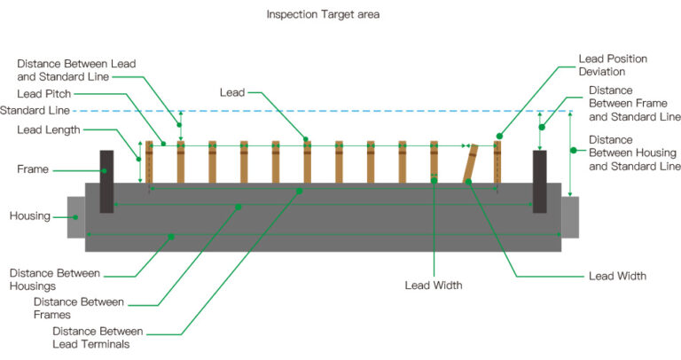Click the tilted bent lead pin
click(470, 163)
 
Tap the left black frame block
click(106, 181)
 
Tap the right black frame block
click(539, 181)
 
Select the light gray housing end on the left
click(76, 217)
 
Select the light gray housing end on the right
click(569, 217)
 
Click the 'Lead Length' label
click(49, 130)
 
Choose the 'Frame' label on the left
click(34, 169)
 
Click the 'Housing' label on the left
click(29, 216)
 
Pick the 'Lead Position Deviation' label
click(614, 65)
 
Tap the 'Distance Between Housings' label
click(55, 279)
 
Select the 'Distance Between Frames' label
click(77, 308)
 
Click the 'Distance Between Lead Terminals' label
click(98, 337)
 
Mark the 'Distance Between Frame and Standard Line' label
click(634, 104)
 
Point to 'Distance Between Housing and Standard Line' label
click(634, 153)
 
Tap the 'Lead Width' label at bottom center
click(434, 286)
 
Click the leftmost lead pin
click(149, 162)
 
